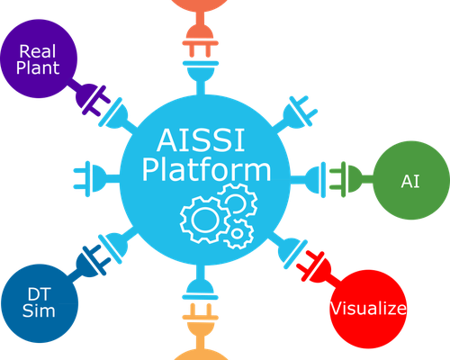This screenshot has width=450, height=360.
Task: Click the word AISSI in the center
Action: point(201,140)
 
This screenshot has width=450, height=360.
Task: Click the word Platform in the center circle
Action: point(206,170)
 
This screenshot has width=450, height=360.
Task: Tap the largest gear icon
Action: point(204,220)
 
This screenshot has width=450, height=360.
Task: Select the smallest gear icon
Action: point(238,234)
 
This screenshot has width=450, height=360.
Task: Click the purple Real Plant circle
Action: point(39,58)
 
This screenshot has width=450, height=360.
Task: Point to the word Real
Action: point(38,51)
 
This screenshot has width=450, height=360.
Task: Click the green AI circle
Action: point(411,180)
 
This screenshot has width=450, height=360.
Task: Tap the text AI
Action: point(409,182)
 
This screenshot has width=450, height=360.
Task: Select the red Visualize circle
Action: point(368,309)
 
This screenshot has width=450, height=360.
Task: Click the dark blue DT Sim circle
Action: point(40,303)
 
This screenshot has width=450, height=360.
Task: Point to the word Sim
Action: point(39,310)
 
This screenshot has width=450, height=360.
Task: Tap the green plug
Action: point(351,179)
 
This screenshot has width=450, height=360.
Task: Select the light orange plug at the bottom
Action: point(201,326)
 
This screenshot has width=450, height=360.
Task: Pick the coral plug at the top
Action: point(201,34)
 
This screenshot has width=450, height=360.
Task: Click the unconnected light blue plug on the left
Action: point(96,179)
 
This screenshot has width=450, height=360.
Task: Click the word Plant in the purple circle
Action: point(38,67)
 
